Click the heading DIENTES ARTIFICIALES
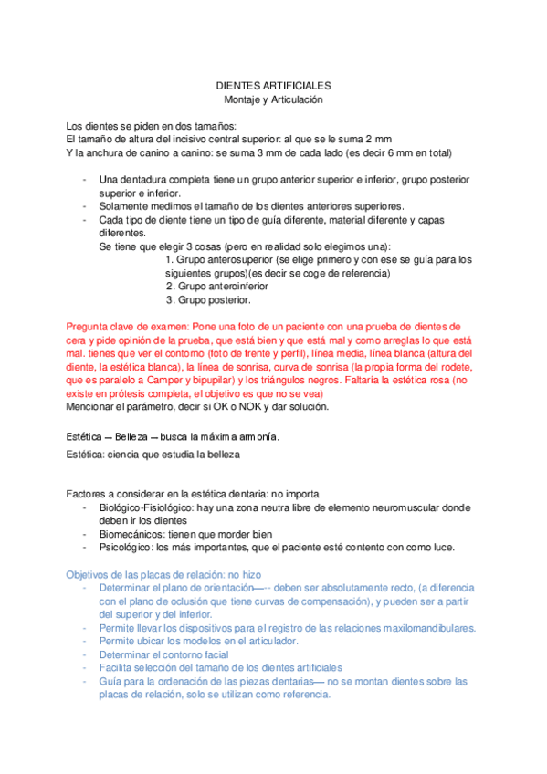coord(273,84)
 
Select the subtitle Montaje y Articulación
coord(273,99)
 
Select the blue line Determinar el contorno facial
coord(170,654)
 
